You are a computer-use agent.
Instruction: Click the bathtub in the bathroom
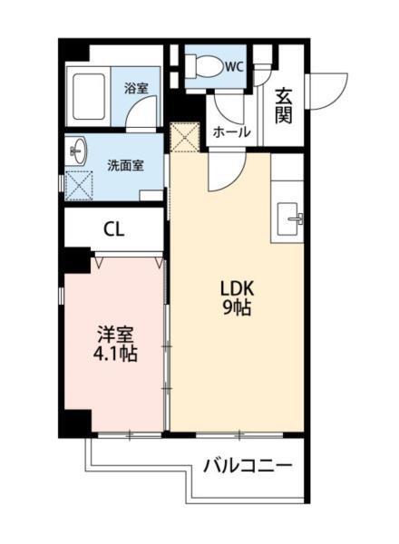click(x=91, y=95)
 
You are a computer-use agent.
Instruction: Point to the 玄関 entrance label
click(x=284, y=104)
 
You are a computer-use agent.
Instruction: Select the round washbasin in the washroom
click(x=76, y=150)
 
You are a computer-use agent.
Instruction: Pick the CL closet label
click(x=113, y=229)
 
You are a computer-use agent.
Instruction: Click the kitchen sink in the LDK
click(x=293, y=215)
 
